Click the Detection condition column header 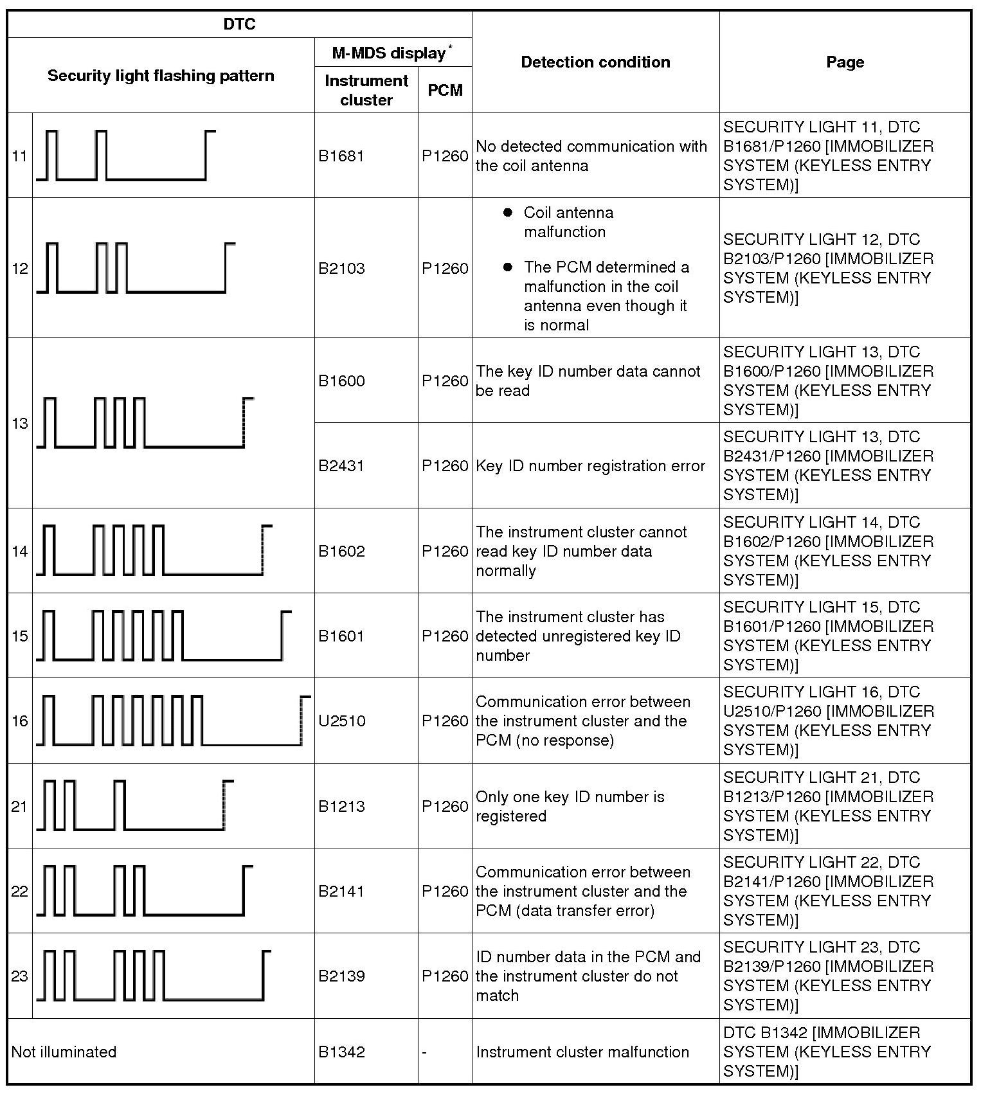point(595,62)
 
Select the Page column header point(845,62)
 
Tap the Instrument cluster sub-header point(366,90)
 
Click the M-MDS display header point(393,53)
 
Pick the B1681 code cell point(341,156)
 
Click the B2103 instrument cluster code point(341,269)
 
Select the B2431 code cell point(341,466)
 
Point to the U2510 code point(342,721)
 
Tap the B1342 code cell point(341,1052)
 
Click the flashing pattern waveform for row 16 point(173,721)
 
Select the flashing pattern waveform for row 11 point(126,156)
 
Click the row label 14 point(20,551)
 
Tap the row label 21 point(20,807)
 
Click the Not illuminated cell point(64,1052)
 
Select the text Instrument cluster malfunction point(582,1052)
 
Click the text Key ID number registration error point(590,466)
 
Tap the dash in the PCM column point(425,1052)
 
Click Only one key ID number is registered point(570,807)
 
